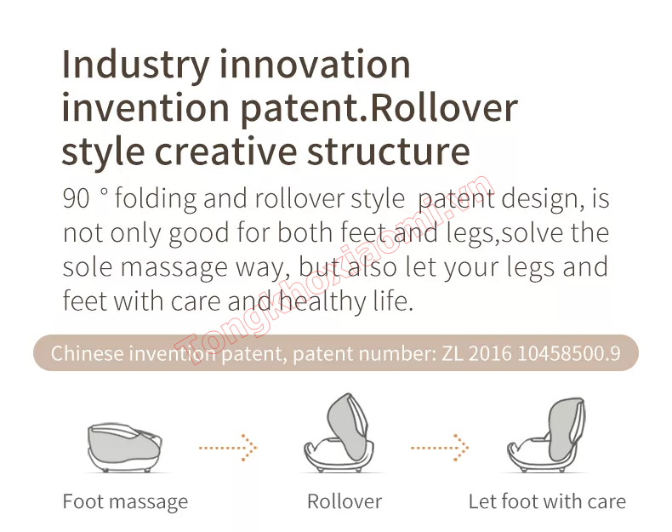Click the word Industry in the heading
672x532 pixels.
tap(135, 66)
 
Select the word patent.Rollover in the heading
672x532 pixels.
tap(379, 109)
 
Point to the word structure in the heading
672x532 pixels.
tap(389, 152)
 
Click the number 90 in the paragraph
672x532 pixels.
tap(77, 198)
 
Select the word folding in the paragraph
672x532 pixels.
tap(156, 199)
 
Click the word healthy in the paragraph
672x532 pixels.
tap(323, 300)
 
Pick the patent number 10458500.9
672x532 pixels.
tap(569, 353)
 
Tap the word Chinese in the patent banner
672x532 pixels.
tap(88, 353)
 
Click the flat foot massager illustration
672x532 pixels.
tap(125, 448)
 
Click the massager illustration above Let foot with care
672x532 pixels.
tap(547, 435)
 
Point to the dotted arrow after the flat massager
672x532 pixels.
tap(228, 448)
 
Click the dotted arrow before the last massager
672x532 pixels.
tap(440, 448)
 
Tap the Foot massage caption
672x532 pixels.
tap(125, 501)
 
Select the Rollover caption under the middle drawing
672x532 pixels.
tap(345, 501)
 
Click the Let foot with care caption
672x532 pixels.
tap(547, 501)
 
